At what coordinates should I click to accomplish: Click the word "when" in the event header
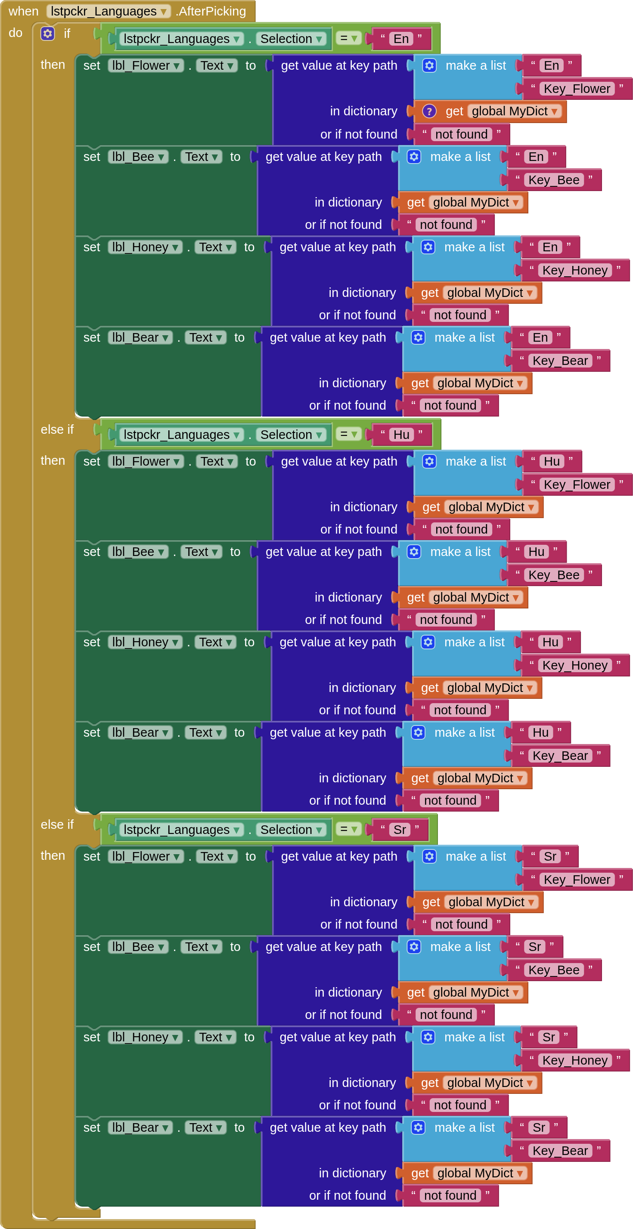(23, 11)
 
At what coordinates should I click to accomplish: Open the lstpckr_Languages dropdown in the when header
(163, 12)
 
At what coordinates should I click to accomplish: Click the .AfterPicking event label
(211, 11)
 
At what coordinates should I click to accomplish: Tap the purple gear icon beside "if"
(47, 34)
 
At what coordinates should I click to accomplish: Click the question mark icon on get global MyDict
(429, 111)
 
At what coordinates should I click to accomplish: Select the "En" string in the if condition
(401, 39)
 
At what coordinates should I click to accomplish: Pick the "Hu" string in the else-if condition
(401, 435)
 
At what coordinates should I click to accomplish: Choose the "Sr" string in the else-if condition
(400, 830)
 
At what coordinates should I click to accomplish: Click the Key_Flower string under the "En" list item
(577, 89)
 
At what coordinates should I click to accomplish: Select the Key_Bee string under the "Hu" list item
(554, 575)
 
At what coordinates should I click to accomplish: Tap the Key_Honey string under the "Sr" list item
(575, 1060)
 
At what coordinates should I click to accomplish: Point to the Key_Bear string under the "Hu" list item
(560, 756)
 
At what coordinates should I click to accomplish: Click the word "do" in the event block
(15, 33)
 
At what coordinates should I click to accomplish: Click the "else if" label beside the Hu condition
(57, 429)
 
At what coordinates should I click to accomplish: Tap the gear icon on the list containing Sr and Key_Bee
(414, 947)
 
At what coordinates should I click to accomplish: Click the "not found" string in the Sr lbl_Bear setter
(450, 1195)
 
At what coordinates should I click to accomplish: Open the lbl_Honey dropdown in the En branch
(175, 247)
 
